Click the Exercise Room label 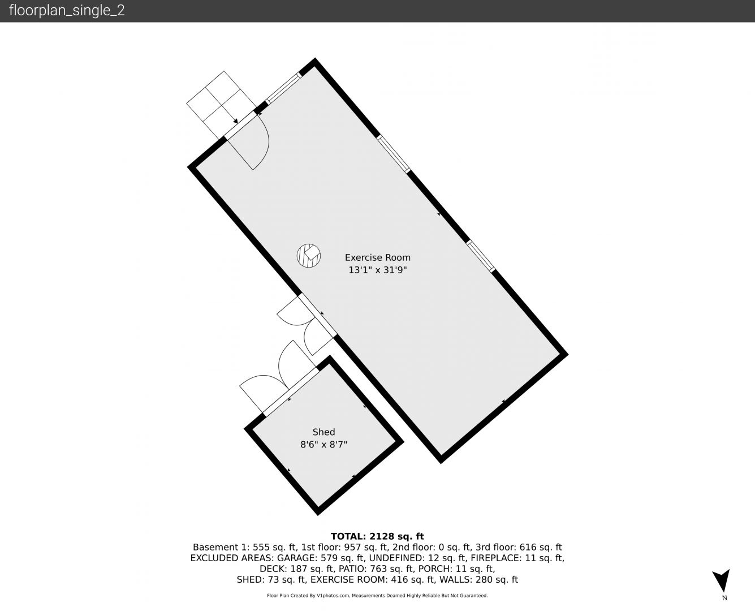pos(378,257)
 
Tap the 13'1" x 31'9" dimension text pos(378,270)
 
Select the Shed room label pos(323,432)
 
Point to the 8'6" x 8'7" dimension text pos(323,444)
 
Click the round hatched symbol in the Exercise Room pos(309,256)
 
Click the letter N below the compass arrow pos(724,597)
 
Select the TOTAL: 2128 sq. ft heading pos(377,536)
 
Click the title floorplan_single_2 pos(67,11)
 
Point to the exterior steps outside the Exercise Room pos(222,105)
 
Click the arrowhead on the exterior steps pos(236,121)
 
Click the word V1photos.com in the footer pos(333,596)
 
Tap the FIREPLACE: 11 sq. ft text pos(517,558)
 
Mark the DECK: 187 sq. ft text pos(297,569)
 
